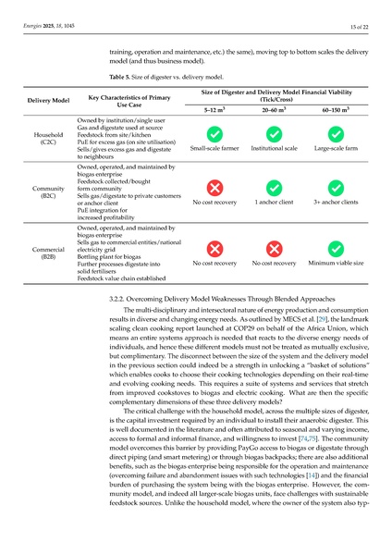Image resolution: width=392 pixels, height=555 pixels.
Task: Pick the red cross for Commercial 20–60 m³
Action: (x=274, y=250)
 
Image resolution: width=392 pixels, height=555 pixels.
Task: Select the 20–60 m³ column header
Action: (x=274, y=109)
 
